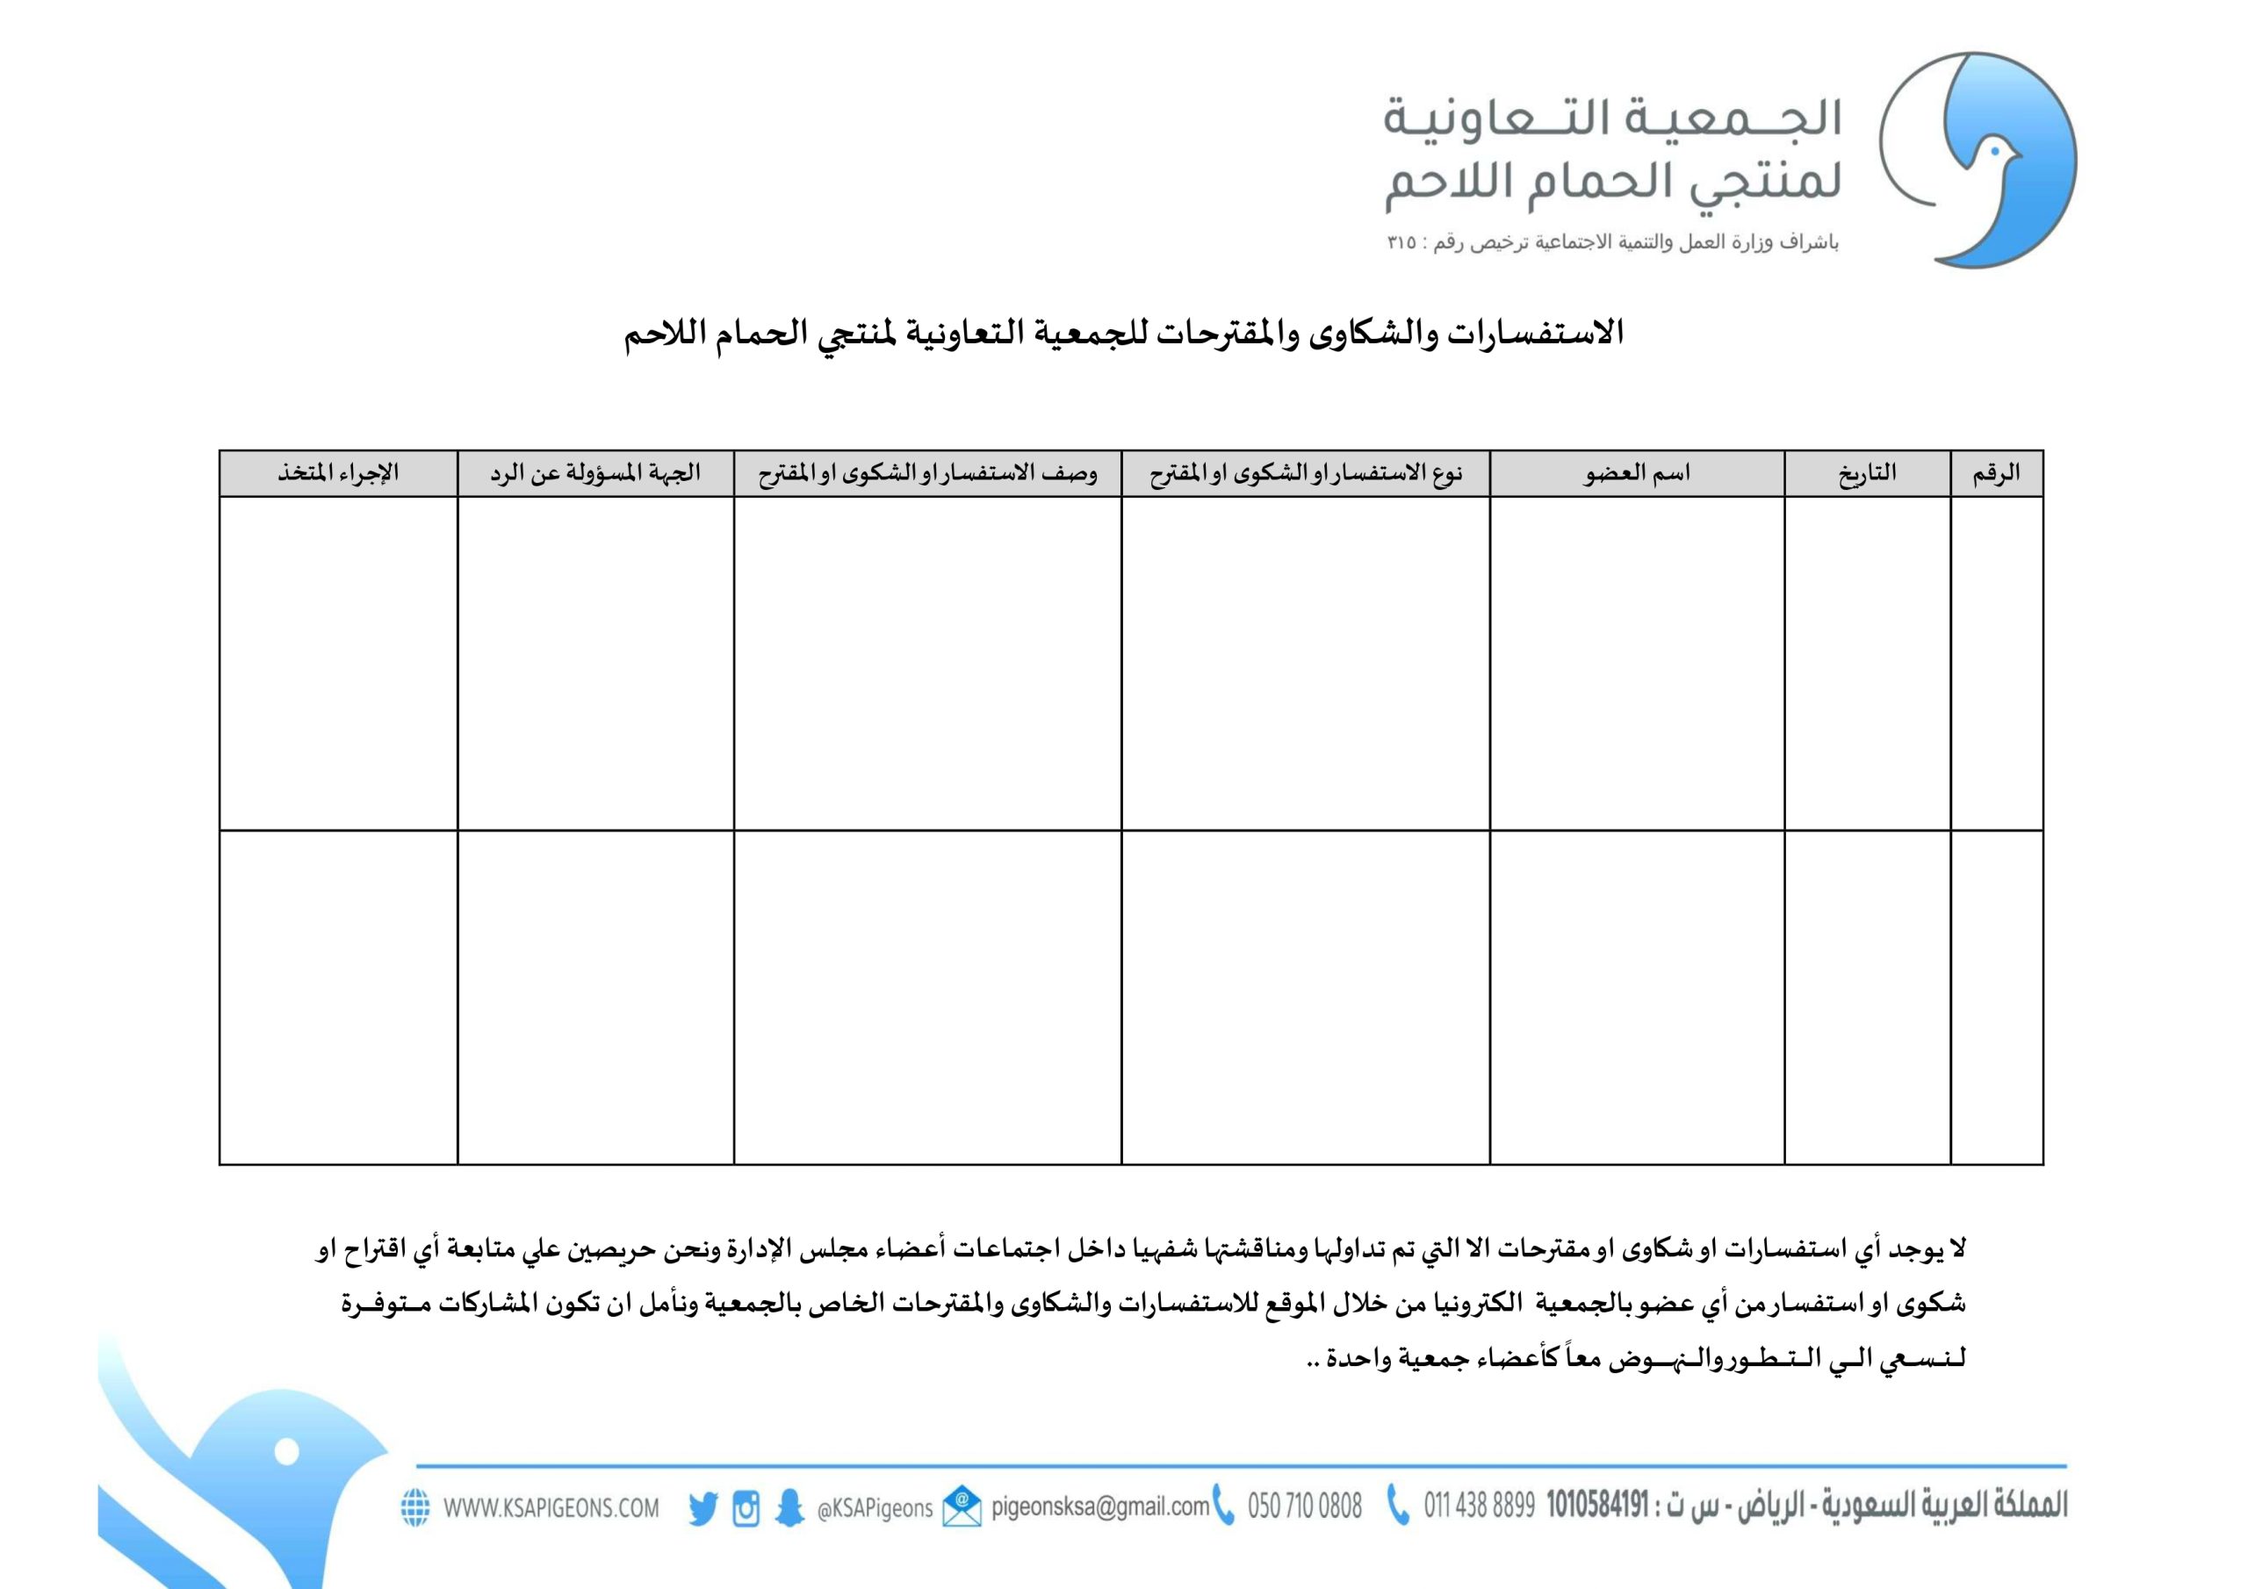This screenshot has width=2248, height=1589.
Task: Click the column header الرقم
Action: point(1995,474)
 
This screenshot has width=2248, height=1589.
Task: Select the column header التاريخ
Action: point(1866,474)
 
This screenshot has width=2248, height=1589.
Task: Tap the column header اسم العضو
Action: point(1636,474)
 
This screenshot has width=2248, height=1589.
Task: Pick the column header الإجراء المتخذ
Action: point(338,474)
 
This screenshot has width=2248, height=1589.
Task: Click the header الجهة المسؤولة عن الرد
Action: point(595,474)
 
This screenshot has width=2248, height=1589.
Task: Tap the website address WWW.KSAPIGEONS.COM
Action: point(551,1507)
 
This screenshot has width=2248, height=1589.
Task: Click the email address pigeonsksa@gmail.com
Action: point(1099,1506)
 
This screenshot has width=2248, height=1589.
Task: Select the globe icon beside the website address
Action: point(415,1507)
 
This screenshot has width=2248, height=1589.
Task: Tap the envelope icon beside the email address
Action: point(962,1506)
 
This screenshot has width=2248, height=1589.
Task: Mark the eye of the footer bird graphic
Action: point(286,1452)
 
